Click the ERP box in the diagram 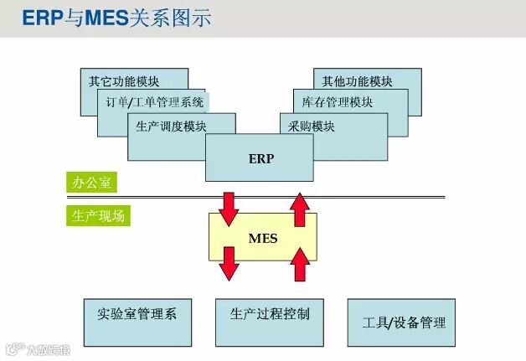point(261,157)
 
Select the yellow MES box point(262,238)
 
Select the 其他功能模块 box point(357,81)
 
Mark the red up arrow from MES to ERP point(299,209)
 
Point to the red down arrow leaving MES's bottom point(229,263)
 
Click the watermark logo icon point(13,348)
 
